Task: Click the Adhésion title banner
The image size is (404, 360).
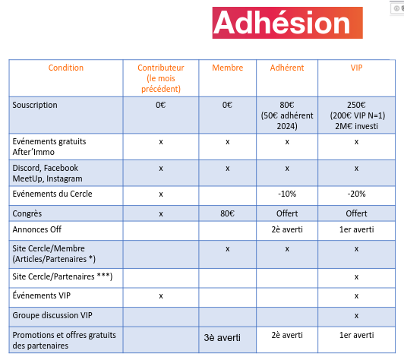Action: point(287,23)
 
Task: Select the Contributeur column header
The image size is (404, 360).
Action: point(161,78)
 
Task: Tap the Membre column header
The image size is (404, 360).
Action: point(228,68)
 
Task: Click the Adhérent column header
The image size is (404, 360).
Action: point(287,68)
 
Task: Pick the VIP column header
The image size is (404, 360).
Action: point(356,68)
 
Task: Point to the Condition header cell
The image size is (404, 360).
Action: point(66,68)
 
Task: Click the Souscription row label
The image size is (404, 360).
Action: point(35,105)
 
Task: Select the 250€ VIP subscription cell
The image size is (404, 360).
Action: point(357,115)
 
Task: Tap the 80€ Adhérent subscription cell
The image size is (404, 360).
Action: point(287,115)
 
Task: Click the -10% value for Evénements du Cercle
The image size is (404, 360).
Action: point(287,194)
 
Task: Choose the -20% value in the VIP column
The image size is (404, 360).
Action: point(357,194)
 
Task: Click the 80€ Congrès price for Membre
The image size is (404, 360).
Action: point(227,213)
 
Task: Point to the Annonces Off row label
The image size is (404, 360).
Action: point(37,229)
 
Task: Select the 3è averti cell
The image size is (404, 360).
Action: point(222,337)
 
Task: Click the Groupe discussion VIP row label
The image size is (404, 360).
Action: point(52,315)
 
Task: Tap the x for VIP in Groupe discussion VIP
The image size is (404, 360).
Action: point(356,316)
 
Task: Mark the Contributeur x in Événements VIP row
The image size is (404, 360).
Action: point(161,296)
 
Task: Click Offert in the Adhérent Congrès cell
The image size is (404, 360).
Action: point(287,213)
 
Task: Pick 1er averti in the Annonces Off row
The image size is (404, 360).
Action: point(357,229)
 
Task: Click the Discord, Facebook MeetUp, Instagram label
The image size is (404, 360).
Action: point(47,173)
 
